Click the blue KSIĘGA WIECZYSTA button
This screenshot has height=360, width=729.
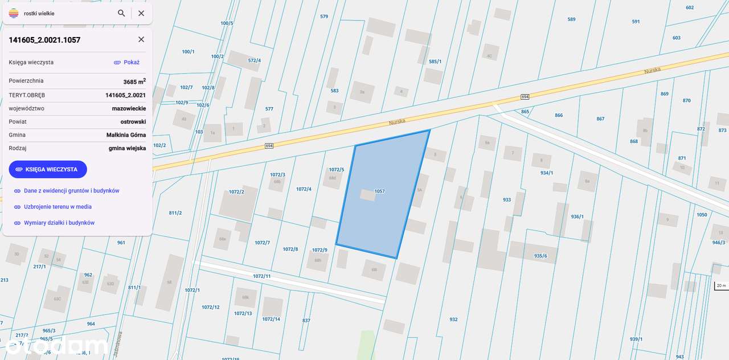[x=48, y=169]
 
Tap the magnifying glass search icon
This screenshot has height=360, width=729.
[x=121, y=13]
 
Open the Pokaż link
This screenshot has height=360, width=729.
[x=126, y=62]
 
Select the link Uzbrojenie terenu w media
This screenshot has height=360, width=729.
[x=58, y=207]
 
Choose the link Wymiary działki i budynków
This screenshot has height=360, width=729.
[x=59, y=223]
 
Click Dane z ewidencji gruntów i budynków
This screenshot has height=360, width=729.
[x=71, y=191]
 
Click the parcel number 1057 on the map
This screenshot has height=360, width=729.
[x=379, y=191]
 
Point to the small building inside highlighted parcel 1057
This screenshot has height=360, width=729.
[x=367, y=195]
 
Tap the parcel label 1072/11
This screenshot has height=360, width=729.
[x=262, y=276]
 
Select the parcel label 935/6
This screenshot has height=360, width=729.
[x=540, y=256]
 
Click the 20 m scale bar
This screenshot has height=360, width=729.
[x=721, y=285]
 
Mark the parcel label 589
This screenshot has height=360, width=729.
[x=571, y=19]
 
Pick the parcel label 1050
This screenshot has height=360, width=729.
[x=702, y=215]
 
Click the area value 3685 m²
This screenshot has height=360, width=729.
[x=134, y=81]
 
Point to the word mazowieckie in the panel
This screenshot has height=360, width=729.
[x=129, y=108]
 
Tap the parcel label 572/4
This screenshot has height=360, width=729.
[x=255, y=60]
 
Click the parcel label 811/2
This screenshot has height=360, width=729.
[x=175, y=212]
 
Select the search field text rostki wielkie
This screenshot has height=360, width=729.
[x=39, y=13]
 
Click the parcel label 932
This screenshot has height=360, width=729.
[x=453, y=319]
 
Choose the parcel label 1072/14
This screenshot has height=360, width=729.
[x=271, y=319]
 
